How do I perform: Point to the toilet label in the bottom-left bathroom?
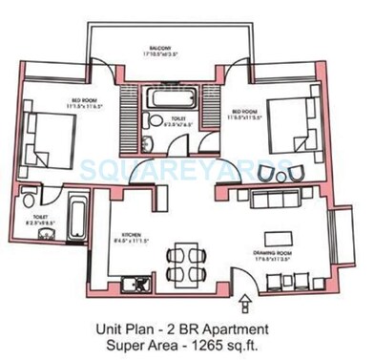(x=35, y=220)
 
